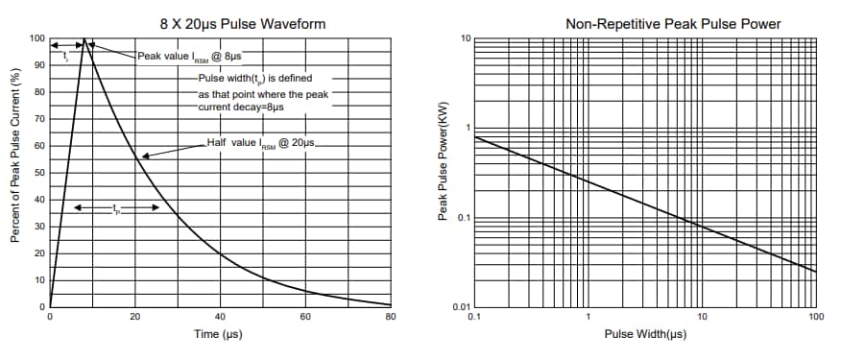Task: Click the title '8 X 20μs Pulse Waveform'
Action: coord(221,22)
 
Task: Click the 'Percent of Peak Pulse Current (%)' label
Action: coord(16,173)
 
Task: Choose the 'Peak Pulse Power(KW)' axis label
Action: coord(443,173)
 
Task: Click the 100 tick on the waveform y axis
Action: coord(36,39)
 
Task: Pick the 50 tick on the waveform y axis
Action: coord(39,173)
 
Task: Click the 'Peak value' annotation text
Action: coord(188,57)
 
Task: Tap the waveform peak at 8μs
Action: coord(84,40)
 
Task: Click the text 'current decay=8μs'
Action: coord(241,108)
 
